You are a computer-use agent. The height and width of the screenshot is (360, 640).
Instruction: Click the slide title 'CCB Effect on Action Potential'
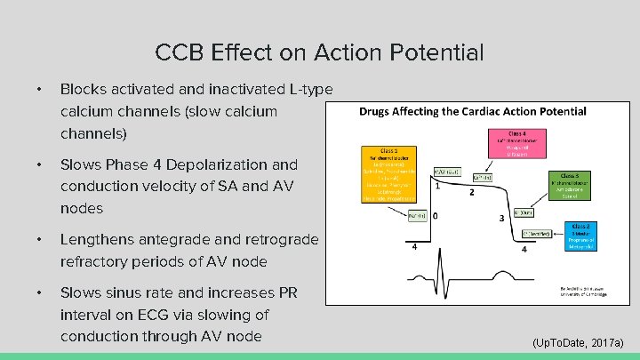point(319,52)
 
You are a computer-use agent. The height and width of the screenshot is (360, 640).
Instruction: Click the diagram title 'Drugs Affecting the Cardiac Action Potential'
point(472,112)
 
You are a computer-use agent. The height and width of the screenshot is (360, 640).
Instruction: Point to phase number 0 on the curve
point(435,217)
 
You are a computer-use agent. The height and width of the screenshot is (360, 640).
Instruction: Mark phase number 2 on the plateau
point(471,193)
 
